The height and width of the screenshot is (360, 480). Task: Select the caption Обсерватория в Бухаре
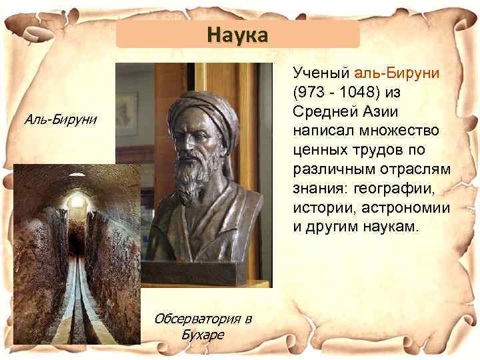(203, 325)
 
